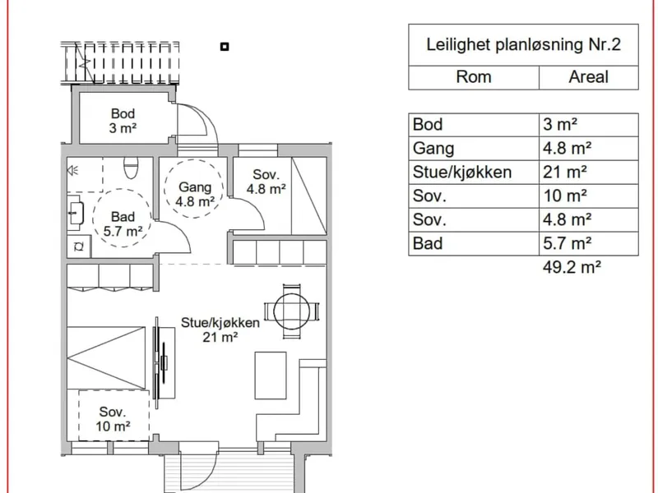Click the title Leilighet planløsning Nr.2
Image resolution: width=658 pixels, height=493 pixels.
pyautogui.click(x=523, y=45)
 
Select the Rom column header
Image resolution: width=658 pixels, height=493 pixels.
pyautogui.click(x=474, y=77)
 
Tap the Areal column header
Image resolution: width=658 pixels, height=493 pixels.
pyautogui.click(x=588, y=77)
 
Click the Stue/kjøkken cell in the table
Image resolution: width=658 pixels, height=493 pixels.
pyautogui.click(x=462, y=173)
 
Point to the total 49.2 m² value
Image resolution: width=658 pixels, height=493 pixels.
pyautogui.click(x=572, y=267)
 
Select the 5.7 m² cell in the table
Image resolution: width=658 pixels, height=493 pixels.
pyautogui.click(x=567, y=243)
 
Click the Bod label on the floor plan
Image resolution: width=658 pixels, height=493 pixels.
pyautogui.click(x=123, y=113)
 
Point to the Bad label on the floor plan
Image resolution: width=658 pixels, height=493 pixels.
pyautogui.click(x=123, y=217)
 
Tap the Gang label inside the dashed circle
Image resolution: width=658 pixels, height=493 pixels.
pyautogui.click(x=195, y=187)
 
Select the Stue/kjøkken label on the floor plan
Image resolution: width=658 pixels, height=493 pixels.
pyautogui.click(x=220, y=323)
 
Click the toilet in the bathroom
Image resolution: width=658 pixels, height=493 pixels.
pyautogui.click(x=131, y=168)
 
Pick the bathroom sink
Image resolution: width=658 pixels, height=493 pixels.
pyautogui.click(x=76, y=213)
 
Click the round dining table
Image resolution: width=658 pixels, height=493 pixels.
pyautogui.click(x=292, y=311)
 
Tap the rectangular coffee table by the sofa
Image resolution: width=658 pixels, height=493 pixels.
pyautogui.click(x=271, y=376)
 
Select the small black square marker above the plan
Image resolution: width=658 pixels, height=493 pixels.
pyautogui.click(x=225, y=47)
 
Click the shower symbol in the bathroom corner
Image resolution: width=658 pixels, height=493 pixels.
pyautogui.click(x=73, y=170)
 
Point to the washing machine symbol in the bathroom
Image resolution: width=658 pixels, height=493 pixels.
pyautogui.click(x=79, y=246)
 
